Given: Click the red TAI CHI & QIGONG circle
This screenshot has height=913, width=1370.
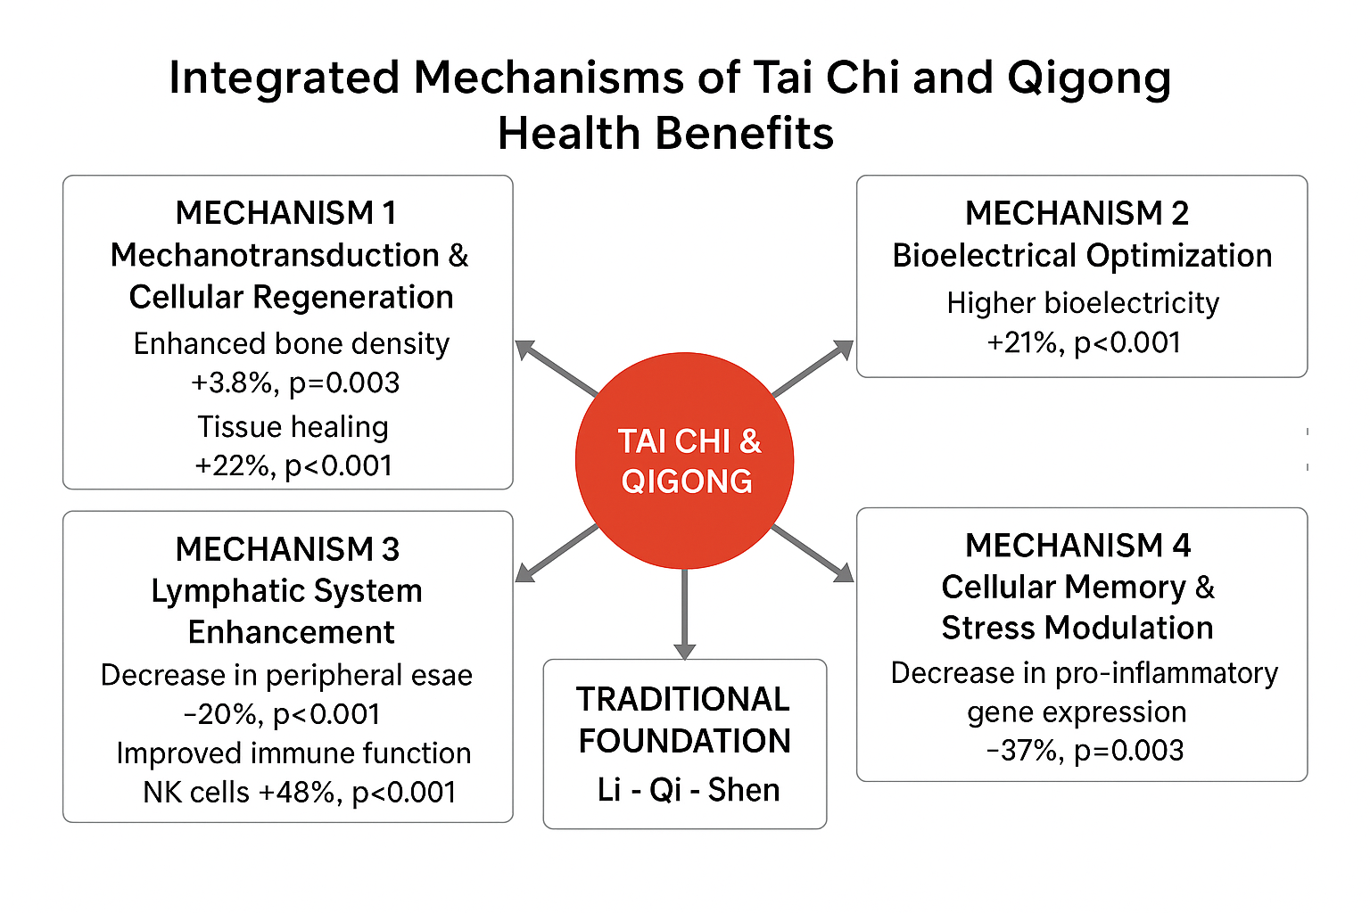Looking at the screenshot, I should coord(684,460).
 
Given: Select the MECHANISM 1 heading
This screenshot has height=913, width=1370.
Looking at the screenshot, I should coord(285,213).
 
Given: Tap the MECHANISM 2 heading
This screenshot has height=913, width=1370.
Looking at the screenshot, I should coord(1077,213).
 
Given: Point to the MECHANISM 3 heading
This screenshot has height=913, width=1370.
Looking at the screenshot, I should coord(287,549).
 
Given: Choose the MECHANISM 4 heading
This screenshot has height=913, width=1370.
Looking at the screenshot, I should coord(1077,545).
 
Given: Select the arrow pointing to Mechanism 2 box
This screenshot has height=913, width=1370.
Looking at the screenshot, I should coord(813,367).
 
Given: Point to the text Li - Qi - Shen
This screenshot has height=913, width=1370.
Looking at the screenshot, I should coord(689,790).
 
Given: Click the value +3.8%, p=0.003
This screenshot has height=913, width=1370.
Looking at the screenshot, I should coord(295,382).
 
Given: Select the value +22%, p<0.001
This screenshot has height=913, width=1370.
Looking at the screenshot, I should coord(293,465).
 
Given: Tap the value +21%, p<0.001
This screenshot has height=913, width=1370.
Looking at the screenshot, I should coord(1084,342).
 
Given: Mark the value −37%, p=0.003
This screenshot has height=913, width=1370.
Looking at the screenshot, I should coord(1085,751).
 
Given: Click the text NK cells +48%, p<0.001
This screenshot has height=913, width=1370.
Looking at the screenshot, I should coord(300,792).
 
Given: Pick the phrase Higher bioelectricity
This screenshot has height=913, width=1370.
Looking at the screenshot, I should coord(1083,303).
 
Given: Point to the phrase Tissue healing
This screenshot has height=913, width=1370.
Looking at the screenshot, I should coord(293,426).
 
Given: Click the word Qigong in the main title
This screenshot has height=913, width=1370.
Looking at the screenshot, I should coord(1089,78).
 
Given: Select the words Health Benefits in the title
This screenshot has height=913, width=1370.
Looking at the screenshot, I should coord(665,134).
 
